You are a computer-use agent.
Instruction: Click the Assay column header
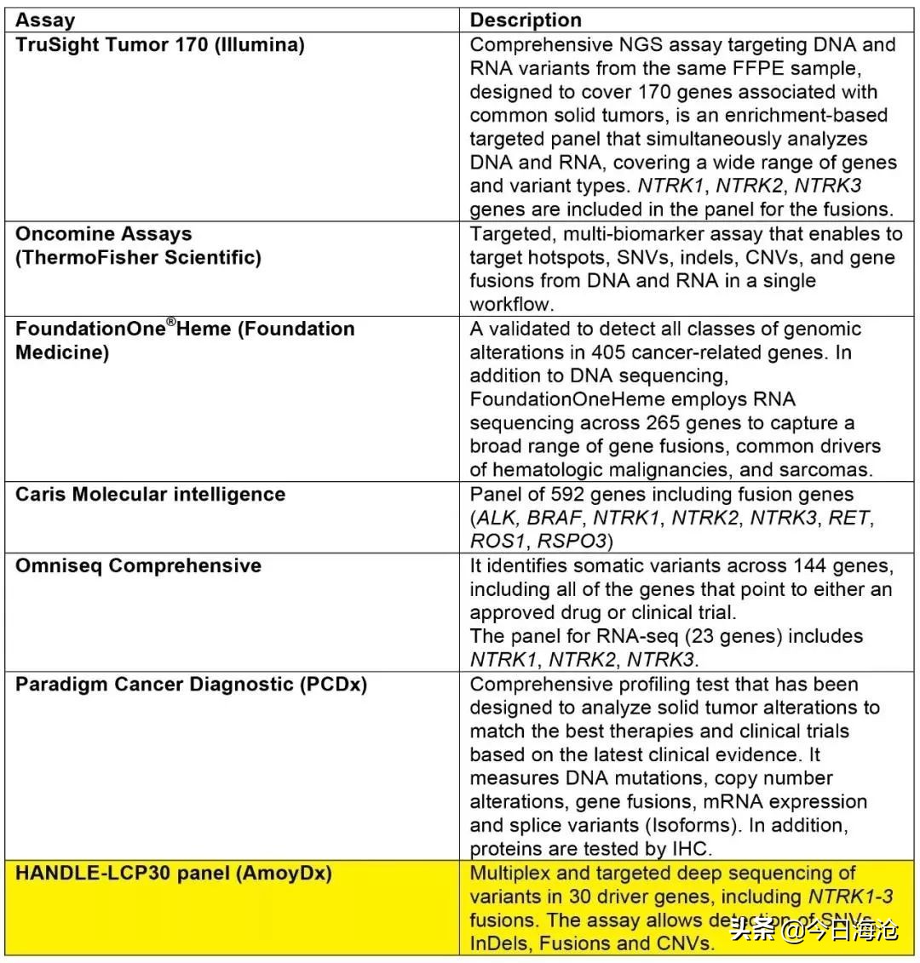click(45, 20)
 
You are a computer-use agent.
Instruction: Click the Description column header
click(526, 20)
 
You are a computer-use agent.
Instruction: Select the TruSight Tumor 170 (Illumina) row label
click(159, 45)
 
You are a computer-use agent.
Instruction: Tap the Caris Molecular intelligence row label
click(150, 495)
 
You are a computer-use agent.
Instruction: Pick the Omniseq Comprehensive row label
click(138, 566)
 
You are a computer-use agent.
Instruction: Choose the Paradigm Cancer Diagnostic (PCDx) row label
click(191, 685)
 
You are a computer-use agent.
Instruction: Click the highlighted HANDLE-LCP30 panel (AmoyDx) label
click(173, 874)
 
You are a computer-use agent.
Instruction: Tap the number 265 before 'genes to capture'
click(630, 424)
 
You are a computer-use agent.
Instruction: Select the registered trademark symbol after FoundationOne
click(170, 322)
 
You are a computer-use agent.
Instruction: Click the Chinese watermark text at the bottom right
click(814, 929)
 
